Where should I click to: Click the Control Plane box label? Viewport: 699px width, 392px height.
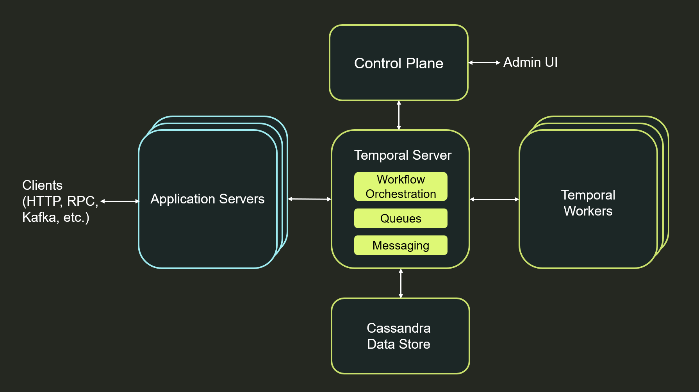coord(398,63)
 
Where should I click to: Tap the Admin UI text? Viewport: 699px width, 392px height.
coord(530,62)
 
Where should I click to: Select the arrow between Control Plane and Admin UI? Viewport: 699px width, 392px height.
coord(484,62)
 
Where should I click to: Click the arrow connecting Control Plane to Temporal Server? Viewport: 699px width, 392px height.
coord(399,115)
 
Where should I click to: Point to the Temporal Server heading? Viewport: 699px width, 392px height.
coord(402,155)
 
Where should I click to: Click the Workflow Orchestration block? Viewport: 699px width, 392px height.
coord(401,187)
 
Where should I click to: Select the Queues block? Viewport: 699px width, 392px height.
coord(401,218)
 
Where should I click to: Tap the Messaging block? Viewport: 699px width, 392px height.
coord(401,245)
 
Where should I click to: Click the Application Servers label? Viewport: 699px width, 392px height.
coord(207,199)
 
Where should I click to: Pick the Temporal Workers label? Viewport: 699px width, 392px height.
coord(588,203)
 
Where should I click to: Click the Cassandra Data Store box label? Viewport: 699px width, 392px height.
coord(398,336)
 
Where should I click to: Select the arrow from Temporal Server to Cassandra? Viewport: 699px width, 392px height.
coord(401,283)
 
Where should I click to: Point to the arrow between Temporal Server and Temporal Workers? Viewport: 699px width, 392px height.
coord(494,199)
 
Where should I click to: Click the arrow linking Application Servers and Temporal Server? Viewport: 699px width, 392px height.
coord(309,199)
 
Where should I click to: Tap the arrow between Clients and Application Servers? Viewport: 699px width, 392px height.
coord(120,201)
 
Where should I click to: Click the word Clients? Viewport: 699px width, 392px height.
coord(42,185)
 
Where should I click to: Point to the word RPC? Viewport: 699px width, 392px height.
coord(82,201)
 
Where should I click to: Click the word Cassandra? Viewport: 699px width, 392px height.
coord(398,328)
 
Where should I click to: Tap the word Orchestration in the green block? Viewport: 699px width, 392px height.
coord(401,194)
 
